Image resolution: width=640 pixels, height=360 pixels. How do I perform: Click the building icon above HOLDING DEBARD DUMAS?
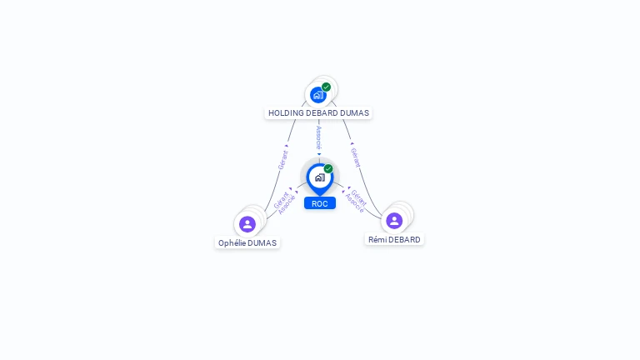[317, 95]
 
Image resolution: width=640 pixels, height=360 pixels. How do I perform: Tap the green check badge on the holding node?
[326, 87]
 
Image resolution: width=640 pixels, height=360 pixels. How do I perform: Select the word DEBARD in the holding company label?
[325, 113]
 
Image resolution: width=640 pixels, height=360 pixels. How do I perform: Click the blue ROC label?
[320, 203]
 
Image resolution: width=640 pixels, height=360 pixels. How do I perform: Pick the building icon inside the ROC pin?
[319, 177]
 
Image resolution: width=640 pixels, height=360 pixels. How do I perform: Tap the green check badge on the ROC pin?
[328, 168]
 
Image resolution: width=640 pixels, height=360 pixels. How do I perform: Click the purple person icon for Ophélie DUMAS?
[247, 224]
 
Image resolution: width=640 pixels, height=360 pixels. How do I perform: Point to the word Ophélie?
[233, 243]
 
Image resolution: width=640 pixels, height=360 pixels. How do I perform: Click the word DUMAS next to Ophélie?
[262, 243]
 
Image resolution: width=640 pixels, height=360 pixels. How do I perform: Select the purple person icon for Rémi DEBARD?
[394, 221]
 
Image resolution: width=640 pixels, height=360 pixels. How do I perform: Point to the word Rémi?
[377, 240]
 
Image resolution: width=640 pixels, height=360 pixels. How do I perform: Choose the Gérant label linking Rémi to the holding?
[356, 157]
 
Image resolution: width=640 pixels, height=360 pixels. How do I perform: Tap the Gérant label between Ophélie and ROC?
[281, 198]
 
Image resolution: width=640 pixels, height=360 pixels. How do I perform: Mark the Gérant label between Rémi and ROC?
[359, 197]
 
